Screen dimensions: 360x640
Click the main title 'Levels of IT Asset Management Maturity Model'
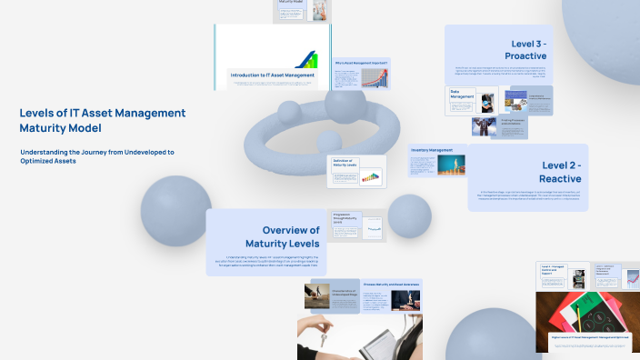pos(102,121)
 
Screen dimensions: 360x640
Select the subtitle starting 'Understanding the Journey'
pos(96,155)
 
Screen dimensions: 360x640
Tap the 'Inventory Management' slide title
pos(432,149)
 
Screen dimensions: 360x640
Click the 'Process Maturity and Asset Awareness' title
pos(394,284)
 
